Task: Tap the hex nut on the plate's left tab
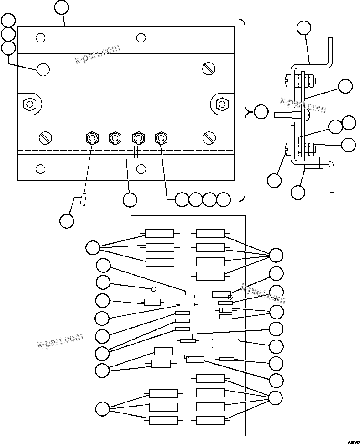pyautogui.click(x=30, y=104)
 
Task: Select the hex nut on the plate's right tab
pyautogui.click(x=221, y=104)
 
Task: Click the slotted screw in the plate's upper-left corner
pyautogui.click(x=43, y=69)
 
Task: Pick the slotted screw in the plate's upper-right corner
pyautogui.click(x=209, y=68)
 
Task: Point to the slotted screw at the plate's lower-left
pyautogui.click(x=45, y=137)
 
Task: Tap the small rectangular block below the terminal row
pyautogui.click(x=127, y=152)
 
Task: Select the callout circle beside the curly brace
pyautogui.click(x=261, y=112)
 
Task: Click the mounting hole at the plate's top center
pyautogui.click(x=141, y=37)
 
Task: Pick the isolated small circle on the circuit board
pyautogui.click(x=154, y=289)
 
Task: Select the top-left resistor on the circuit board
pyautogui.click(x=159, y=234)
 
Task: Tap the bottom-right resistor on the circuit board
pyautogui.click(x=210, y=420)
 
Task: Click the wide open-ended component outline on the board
pyautogui.click(x=226, y=344)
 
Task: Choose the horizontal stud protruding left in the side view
pyautogui.click(x=282, y=115)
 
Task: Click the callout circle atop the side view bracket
pyautogui.click(x=304, y=28)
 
